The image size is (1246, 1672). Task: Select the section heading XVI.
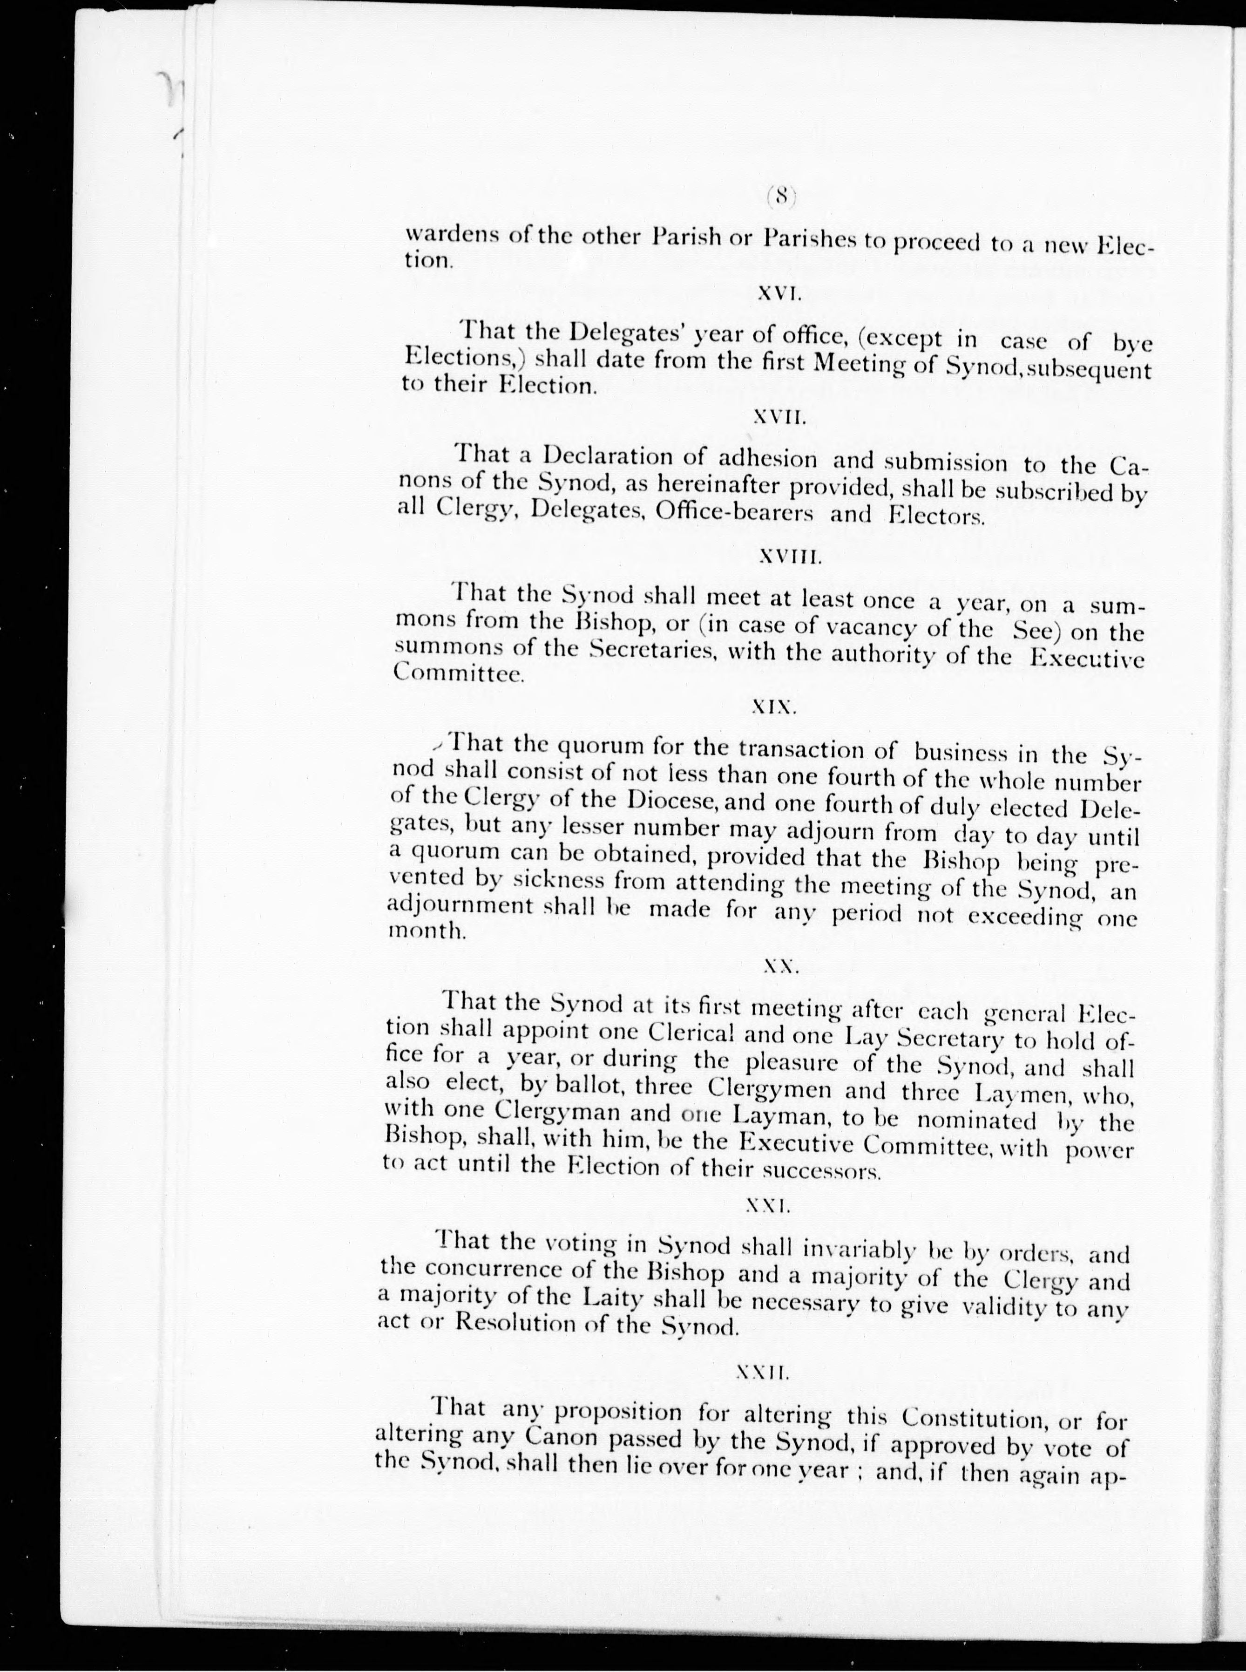779,296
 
